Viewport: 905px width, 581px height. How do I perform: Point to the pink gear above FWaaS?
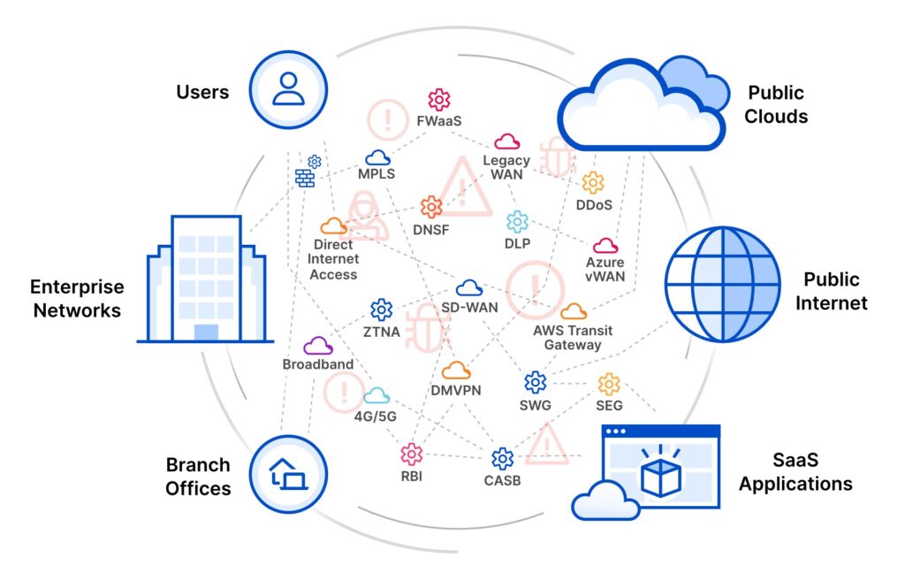[439, 99]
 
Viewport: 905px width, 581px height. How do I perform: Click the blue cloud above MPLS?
[378, 157]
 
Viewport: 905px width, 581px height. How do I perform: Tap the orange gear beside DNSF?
[431, 207]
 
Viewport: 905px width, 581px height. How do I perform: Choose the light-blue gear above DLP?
[517, 221]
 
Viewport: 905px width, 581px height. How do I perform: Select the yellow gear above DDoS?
[592, 182]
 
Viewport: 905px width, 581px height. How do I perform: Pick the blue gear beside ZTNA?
[382, 310]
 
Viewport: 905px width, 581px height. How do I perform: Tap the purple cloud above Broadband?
[318, 346]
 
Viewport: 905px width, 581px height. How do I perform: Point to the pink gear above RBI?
[411, 455]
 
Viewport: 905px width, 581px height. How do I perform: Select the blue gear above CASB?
[502, 458]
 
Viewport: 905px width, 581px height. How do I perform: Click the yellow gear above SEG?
[609, 384]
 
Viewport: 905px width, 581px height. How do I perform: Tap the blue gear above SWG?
[535, 382]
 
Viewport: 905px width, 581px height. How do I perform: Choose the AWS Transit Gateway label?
[573, 338]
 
